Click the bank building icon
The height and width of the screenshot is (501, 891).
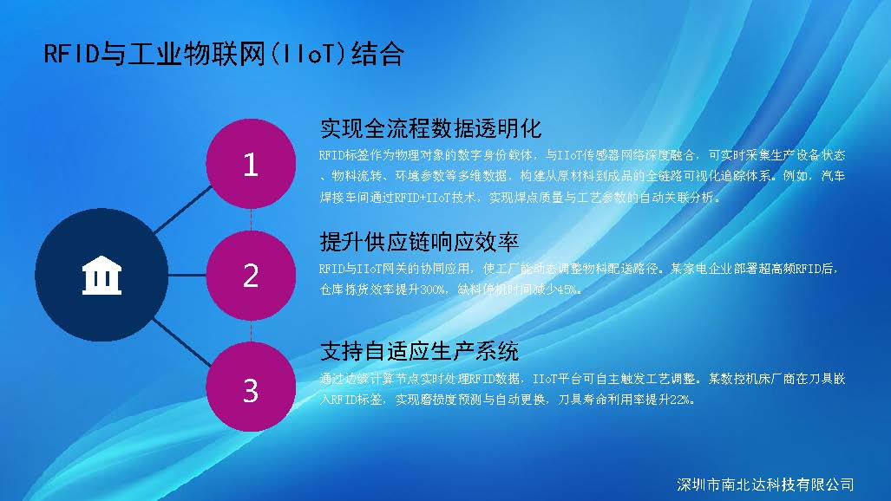tap(102, 276)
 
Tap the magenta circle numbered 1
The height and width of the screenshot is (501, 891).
tap(251, 164)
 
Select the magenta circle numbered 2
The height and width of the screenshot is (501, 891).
tap(251, 276)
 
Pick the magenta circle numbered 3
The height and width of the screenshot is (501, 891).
tap(251, 387)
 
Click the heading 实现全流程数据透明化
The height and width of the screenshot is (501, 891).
tap(430, 128)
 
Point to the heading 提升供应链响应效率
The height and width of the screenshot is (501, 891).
tap(419, 242)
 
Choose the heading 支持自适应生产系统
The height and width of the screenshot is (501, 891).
tap(419, 351)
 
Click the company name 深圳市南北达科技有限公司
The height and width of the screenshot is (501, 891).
tap(765, 485)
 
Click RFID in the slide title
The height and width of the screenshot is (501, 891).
tap(72, 54)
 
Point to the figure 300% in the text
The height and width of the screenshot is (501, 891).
tap(433, 290)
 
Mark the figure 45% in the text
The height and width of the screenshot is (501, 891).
tap(569, 290)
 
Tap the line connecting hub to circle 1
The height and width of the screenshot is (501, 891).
tap(182, 210)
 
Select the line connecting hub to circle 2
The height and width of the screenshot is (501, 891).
tap(187, 276)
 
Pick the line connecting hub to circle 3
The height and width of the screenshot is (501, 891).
tap(182, 342)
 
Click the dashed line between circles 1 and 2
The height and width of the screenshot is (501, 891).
tap(251, 219)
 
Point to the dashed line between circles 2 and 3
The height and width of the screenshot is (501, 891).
tap(251, 331)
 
